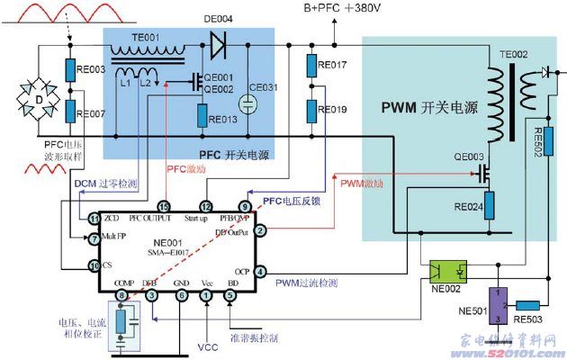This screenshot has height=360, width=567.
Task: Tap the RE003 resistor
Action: point(72,68)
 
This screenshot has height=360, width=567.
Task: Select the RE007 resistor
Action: point(72,112)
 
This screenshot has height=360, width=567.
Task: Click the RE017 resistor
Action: point(311,66)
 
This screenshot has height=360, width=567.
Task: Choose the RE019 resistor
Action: point(311,111)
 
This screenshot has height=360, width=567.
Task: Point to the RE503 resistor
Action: point(529,306)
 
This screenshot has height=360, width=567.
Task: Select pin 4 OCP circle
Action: point(258,271)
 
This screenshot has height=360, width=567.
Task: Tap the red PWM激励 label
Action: point(361,184)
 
